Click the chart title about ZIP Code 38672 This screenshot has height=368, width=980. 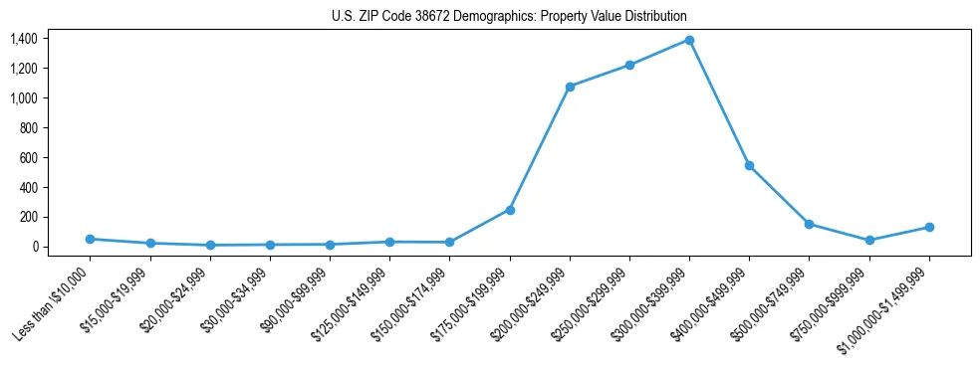[x=509, y=17]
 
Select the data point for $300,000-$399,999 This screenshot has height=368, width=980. [x=689, y=40]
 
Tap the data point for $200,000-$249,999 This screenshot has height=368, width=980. [x=570, y=87]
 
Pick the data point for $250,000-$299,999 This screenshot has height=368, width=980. [x=629, y=65]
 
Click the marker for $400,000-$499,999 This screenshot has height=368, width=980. [x=749, y=165]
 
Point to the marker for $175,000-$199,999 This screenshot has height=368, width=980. [x=510, y=210]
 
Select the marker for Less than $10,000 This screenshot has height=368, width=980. [x=90, y=239]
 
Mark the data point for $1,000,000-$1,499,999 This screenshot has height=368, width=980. [x=929, y=227]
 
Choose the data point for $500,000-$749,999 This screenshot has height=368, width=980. [x=809, y=224]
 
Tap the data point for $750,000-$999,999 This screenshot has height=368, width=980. [x=869, y=240]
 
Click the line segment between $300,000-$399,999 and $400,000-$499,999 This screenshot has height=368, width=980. [x=719, y=102]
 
